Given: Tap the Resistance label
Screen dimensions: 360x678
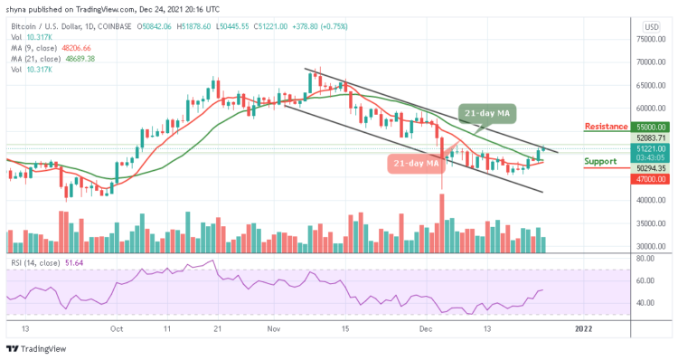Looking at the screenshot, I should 608,127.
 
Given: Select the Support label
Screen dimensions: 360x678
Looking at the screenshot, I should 600,162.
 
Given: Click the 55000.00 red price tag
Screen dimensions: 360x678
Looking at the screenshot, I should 650,128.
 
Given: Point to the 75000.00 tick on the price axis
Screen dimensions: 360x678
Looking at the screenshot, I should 650,40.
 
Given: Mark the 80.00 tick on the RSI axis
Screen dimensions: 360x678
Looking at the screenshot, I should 646,258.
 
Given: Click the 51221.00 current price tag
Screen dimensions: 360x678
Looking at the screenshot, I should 650,147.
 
